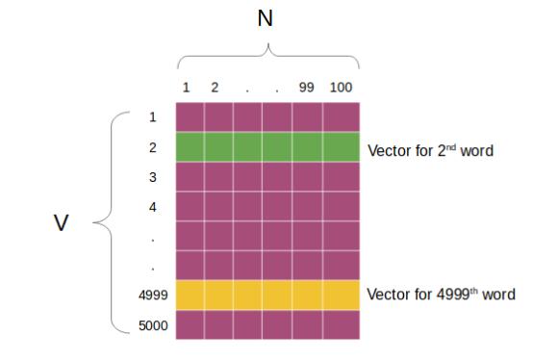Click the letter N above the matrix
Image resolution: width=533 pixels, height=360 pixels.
coord(266,18)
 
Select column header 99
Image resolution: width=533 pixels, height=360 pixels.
coord(307,88)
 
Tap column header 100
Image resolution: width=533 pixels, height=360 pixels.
coord(340,88)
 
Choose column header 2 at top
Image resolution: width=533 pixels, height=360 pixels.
coord(216,88)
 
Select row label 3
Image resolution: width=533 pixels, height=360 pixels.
coord(153,177)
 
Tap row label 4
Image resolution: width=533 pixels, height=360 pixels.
coord(153,206)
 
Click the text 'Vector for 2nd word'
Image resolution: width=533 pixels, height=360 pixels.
coord(430,150)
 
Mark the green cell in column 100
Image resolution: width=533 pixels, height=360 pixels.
coord(340,147)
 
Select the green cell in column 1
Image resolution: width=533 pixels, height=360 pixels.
coord(190,147)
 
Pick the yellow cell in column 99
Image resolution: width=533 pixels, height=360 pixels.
coord(307,295)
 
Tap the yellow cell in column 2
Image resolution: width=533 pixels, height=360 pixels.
coord(218,295)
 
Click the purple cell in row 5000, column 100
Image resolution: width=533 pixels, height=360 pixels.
coord(340,324)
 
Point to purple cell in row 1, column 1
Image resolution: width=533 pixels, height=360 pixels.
coord(190,117)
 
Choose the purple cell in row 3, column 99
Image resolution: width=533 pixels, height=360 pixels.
coord(307,177)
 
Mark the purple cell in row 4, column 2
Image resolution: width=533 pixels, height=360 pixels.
coord(218,206)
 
